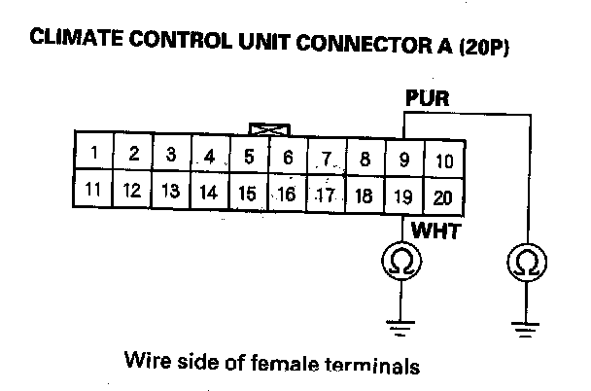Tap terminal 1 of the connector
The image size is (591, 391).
click(94, 153)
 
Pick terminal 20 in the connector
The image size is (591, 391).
click(443, 196)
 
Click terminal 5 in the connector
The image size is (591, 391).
click(249, 156)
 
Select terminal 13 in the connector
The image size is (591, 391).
click(171, 191)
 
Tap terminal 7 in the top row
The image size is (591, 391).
click(328, 158)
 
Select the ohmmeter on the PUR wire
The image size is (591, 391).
click(526, 261)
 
